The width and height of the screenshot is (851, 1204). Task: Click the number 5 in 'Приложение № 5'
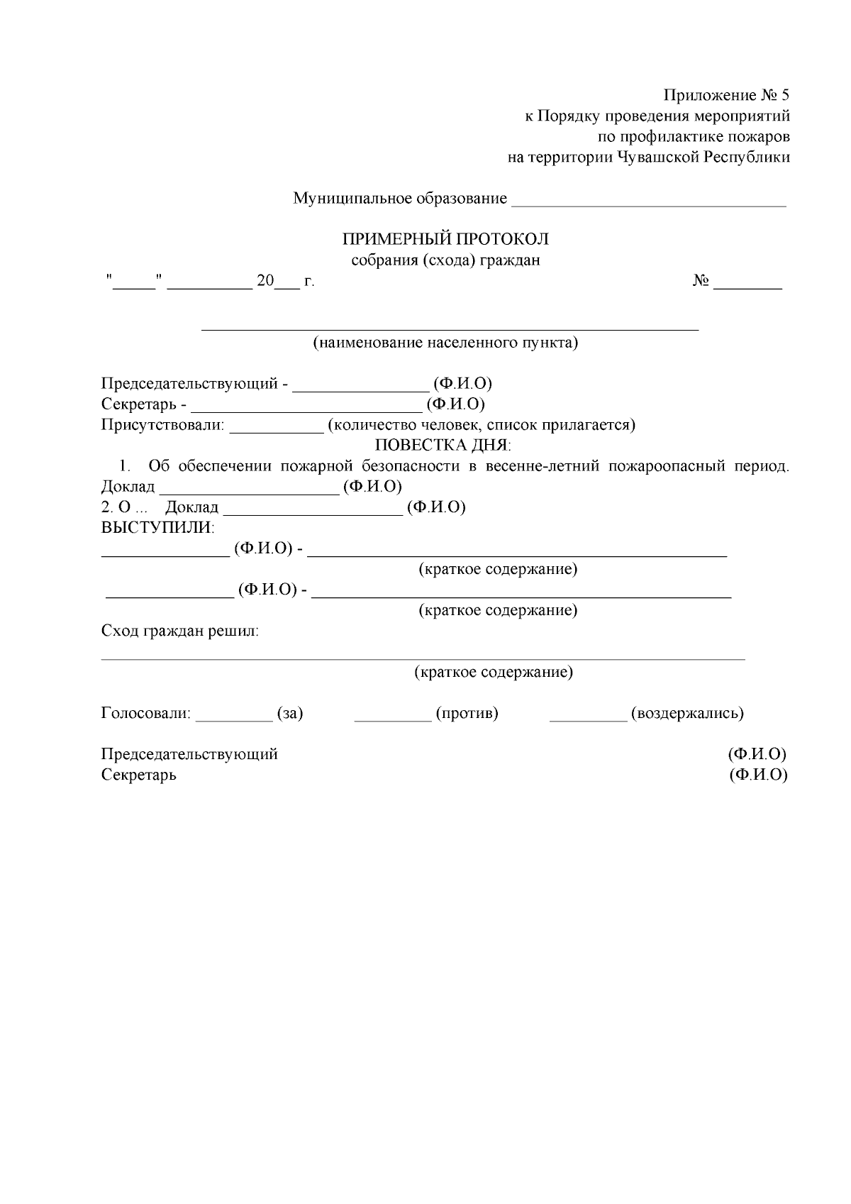tap(784, 95)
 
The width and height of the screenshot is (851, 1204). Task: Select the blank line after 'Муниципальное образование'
tap(648, 201)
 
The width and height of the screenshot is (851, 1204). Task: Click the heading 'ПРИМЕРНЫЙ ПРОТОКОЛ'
tap(445, 239)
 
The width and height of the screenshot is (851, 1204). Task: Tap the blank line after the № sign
tap(747, 286)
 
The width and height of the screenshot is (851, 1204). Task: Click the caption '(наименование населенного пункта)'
tap(445, 343)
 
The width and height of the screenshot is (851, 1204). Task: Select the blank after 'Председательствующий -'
tap(360, 387)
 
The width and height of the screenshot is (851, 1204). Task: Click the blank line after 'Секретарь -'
tap(306, 408)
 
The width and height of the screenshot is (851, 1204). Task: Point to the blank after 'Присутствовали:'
tap(276, 429)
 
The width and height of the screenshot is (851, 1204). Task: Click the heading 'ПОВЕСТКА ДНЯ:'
tap(443, 446)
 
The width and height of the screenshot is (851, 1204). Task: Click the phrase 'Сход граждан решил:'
tap(180, 631)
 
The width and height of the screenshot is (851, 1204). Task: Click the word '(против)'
tap(467, 714)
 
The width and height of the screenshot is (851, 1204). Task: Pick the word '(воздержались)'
tap(686, 714)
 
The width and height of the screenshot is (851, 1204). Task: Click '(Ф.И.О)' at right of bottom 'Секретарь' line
tap(758, 775)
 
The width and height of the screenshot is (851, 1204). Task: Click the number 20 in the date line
tap(265, 282)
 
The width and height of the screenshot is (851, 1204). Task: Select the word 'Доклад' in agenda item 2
tap(191, 508)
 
